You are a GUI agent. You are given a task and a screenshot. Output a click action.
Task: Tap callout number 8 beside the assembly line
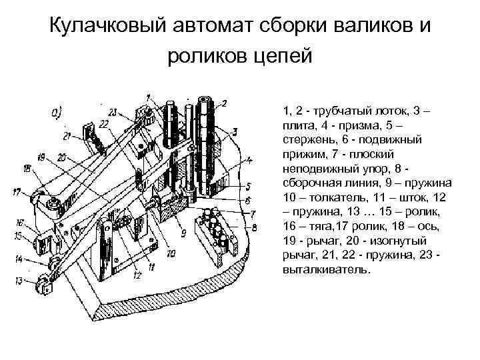click(x=254, y=227)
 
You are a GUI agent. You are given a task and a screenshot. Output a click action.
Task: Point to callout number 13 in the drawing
click(x=19, y=280)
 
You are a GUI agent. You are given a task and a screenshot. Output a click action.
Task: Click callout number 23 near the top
click(x=112, y=111)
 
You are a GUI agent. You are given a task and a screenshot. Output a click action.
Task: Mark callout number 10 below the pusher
click(x=171, y=253)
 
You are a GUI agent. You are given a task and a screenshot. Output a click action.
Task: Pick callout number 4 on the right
click(x=248, y=160)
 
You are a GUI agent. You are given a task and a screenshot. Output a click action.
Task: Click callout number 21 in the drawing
click(x=68, y=136)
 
